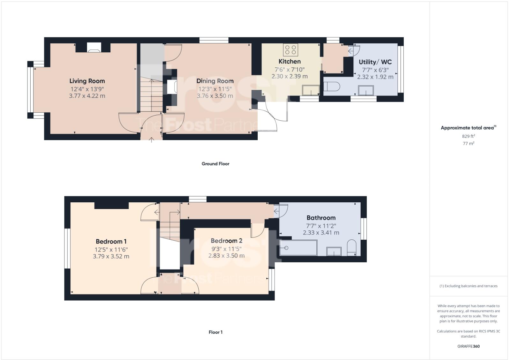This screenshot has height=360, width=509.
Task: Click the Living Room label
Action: point(87,81)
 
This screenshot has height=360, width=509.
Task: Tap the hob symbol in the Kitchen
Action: point(290,49)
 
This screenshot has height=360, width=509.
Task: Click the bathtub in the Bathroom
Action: point(298,248)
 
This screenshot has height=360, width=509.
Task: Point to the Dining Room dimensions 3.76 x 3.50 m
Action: point(215,96)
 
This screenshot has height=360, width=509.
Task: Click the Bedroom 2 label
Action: point(226,241)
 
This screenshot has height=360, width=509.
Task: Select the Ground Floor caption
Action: point(215,164)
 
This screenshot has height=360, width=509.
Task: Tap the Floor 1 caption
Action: point(215,332)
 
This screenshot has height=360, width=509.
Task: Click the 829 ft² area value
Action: point(468,136)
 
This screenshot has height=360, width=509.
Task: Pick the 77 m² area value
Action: point(468,144)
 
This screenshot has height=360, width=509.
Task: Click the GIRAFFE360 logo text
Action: point(468,346)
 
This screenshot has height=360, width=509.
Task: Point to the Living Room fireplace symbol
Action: point(94,48)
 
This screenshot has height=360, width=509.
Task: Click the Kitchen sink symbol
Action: point(311,90)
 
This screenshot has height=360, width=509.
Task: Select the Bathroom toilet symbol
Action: point(351,247)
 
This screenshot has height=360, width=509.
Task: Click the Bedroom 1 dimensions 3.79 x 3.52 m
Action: point(111,256)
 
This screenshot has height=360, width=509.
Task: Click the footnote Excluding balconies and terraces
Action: point(468,286)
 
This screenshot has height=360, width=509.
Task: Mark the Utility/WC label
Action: point(375,62)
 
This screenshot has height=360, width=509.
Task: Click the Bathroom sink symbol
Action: point(334,251)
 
